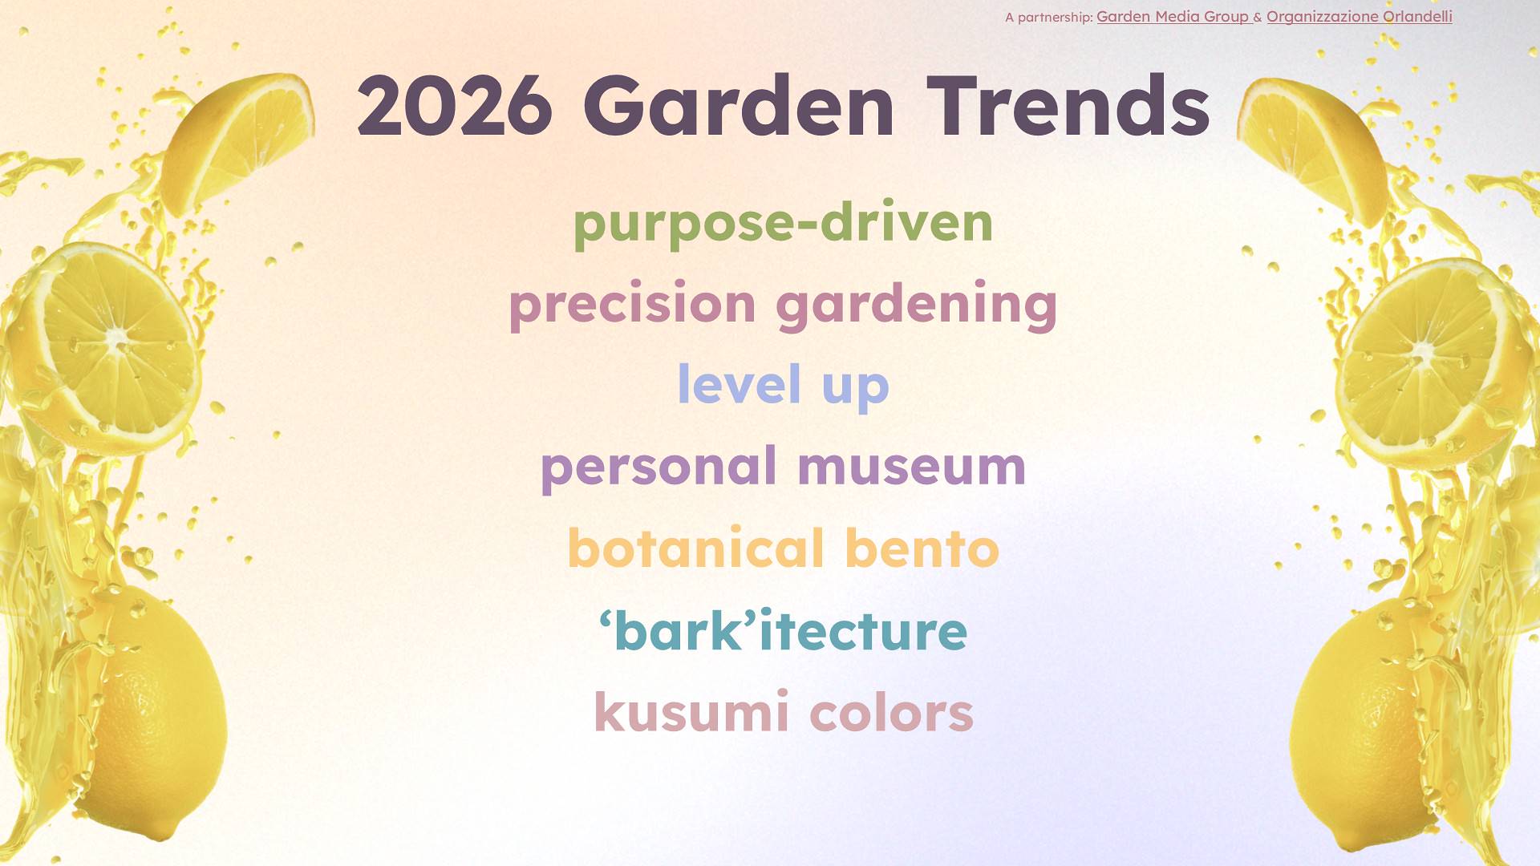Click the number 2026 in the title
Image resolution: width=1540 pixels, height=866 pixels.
click(455, 105)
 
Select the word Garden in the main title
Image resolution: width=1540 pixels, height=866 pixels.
click(739, 105)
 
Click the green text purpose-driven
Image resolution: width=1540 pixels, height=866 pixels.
click(783, 224)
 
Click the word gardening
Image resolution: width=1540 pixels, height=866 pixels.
click(917, 305)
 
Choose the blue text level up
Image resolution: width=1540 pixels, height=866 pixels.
click(784, 386)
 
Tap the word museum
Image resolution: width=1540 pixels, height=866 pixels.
click(912, 467)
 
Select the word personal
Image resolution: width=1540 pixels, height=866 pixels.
click(659, 467)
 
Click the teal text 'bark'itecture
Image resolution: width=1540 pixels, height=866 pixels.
click(783, 630)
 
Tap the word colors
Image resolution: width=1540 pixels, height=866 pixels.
click(892, 713)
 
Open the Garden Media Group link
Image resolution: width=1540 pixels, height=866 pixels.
click(1173, 17)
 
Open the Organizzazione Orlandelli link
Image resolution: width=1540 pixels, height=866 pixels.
click(1360, 17)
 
